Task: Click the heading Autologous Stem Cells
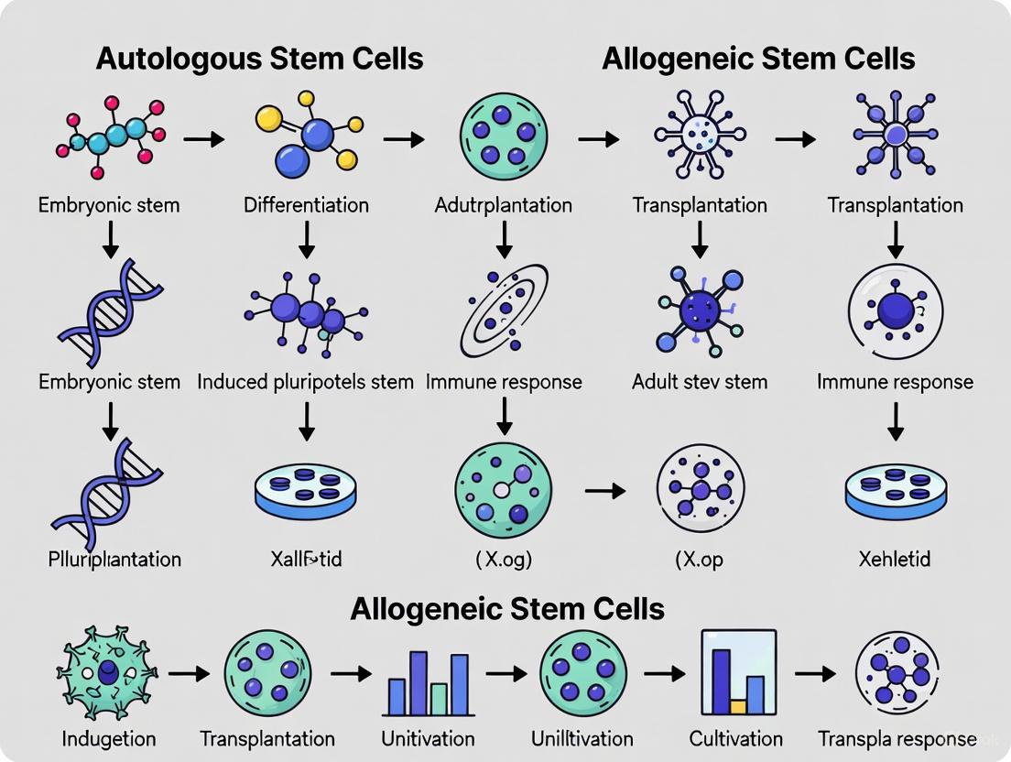(x=259, y=60)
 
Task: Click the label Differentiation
(x=306, y=205)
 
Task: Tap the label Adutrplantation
(x=504, y=205)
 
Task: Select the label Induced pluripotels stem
(x=306, y=381)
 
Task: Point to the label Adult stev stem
(x=700, y=381)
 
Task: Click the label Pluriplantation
(x=114, y=559)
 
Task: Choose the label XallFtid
(x=306, y=559)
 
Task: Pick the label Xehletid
(x=896, y=559)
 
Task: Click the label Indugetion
(x=109, y=738)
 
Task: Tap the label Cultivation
(x=736, y=738)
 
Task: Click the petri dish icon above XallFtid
(x=306, y=491)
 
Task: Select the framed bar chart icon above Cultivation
(x=737, y=673)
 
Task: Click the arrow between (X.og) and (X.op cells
(x=604, y=492)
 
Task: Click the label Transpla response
(x=897, y=738)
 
